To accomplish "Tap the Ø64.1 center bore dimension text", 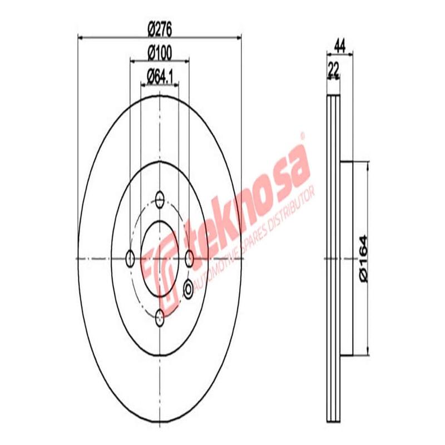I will [159, 76].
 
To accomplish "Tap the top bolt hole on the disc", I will [160, 199].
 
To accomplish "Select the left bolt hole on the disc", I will [130, 258].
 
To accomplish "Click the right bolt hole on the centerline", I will [190, 258].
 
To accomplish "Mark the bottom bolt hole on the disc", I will [160, 318].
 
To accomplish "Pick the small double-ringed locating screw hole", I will [188, 288].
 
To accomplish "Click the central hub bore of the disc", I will [160, 258].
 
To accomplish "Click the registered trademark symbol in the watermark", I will [303, 135].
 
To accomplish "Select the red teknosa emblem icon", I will [159, 267].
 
